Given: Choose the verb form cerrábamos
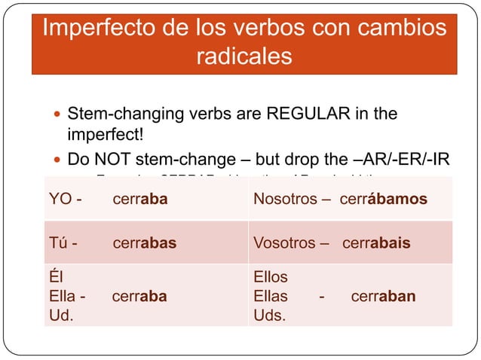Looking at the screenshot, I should click(384, 200).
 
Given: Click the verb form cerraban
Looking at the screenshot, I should click(383, 296).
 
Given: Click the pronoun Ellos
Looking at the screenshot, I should click(271, 277).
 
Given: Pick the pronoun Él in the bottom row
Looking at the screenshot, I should click(55, 277).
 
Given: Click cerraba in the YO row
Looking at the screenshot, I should click(140, 200).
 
